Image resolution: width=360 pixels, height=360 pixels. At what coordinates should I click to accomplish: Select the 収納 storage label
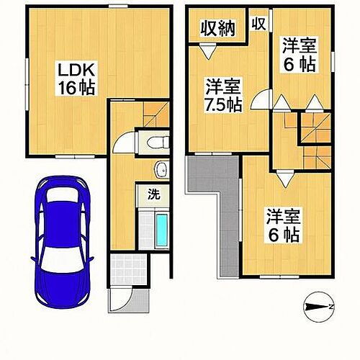[x=217, y=29]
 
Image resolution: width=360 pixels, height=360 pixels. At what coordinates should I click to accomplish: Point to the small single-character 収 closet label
[x=259, y=23]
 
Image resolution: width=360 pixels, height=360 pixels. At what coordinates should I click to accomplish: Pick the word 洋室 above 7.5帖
[x=220, y=85]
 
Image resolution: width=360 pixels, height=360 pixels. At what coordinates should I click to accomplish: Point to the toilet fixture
[x=155, y=140]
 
